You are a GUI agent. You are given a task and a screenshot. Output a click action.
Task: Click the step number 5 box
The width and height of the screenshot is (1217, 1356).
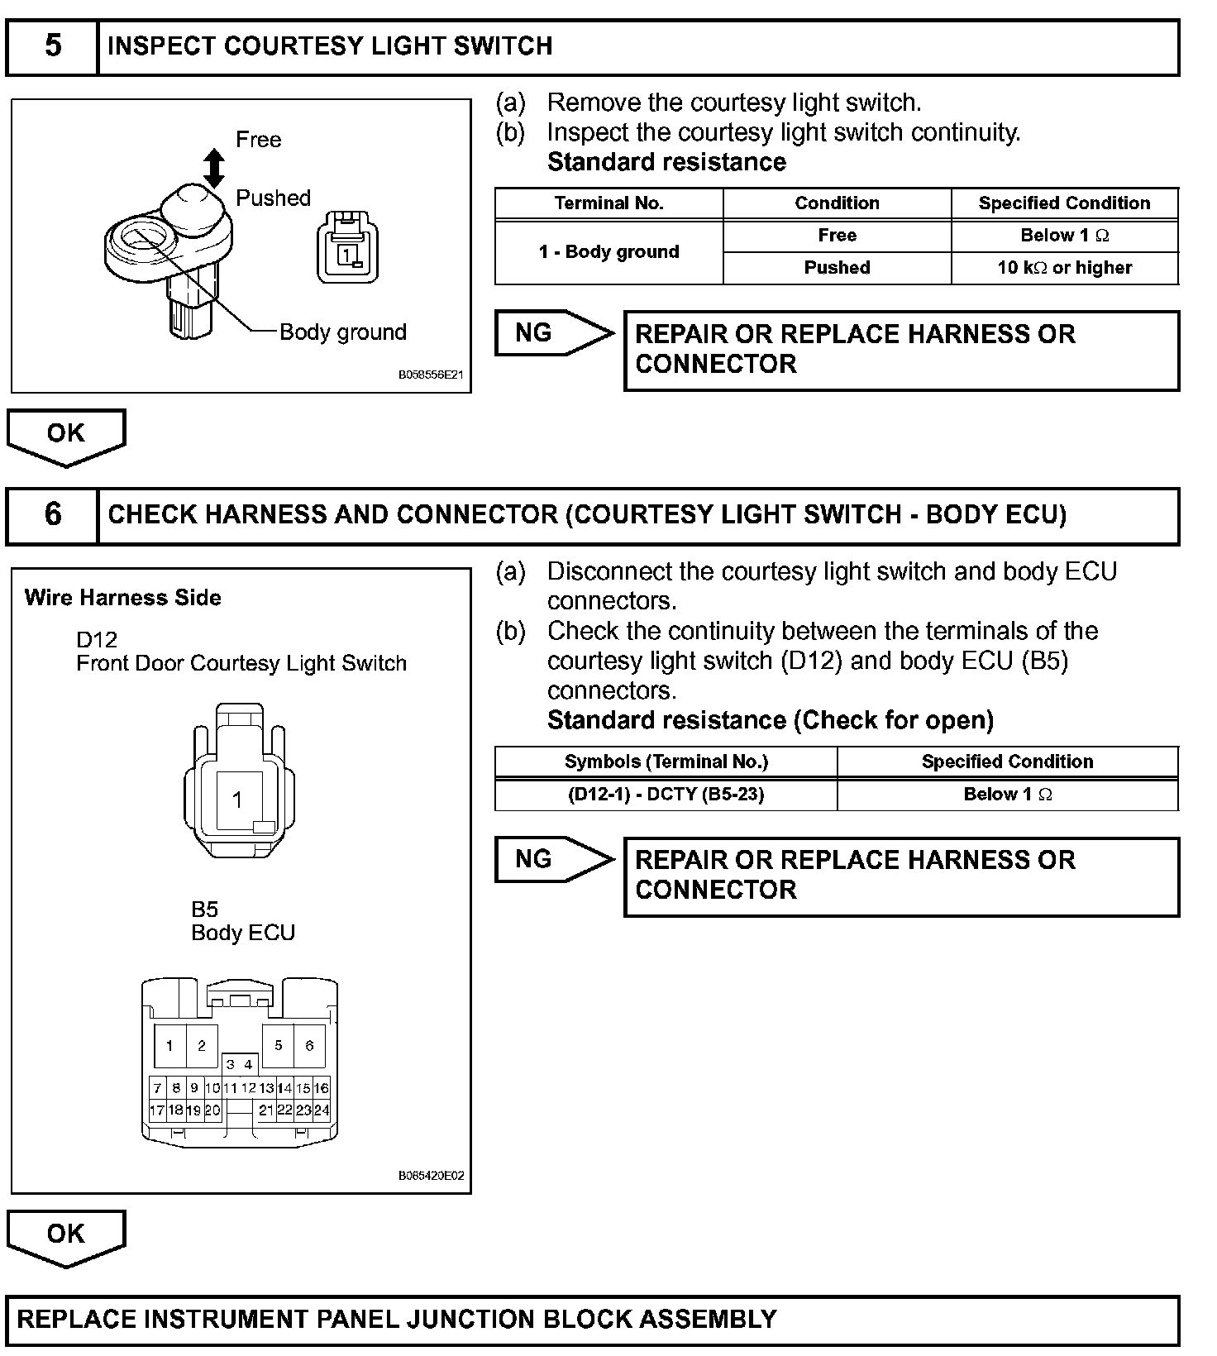tap(52, 45)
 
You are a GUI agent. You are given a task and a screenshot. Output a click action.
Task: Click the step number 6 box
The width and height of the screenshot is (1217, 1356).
tap(52, 514)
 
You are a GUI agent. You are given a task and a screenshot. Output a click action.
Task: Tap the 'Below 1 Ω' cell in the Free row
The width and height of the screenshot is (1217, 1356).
tap(1064, 236)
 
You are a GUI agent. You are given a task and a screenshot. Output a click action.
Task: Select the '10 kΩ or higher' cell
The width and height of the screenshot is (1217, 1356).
tap(1064, 268)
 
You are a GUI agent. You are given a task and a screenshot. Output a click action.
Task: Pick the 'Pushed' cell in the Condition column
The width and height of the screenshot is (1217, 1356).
tap(837, 268)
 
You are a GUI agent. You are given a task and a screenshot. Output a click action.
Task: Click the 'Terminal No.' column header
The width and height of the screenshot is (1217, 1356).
tap(608, 203)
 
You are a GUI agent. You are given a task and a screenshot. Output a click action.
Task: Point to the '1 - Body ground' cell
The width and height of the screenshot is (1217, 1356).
tap(608, 251)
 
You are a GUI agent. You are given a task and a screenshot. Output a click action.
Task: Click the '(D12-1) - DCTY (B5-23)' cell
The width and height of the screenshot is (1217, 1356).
tap(666, 795)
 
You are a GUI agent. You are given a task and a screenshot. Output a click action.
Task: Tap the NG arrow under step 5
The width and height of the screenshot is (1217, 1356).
tap(552, 333)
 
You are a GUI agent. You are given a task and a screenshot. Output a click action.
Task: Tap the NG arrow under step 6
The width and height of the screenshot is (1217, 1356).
tap(552, 860)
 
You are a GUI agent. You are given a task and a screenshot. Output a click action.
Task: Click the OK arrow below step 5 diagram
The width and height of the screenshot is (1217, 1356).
tap(66, 435)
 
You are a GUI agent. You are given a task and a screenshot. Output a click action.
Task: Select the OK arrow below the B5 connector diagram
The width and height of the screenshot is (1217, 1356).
tap(66, 1235)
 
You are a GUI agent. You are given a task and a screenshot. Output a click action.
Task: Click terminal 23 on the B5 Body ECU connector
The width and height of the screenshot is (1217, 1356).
tap(303, 1110)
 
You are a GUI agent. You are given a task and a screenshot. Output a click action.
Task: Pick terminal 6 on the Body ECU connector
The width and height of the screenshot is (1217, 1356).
tap(309, 1046)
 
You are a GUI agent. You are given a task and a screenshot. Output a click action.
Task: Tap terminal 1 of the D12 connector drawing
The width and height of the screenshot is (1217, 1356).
tap(238, 800)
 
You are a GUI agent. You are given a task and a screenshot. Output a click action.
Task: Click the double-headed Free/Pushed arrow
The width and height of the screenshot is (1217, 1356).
tap(214, 168)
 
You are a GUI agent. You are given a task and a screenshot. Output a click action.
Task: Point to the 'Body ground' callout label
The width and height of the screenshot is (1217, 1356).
tap(343, 332)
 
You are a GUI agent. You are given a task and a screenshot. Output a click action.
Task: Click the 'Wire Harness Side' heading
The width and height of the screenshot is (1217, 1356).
tap(123, 598)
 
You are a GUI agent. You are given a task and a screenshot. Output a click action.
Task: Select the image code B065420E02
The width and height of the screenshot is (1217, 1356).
tap(431, 1175)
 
